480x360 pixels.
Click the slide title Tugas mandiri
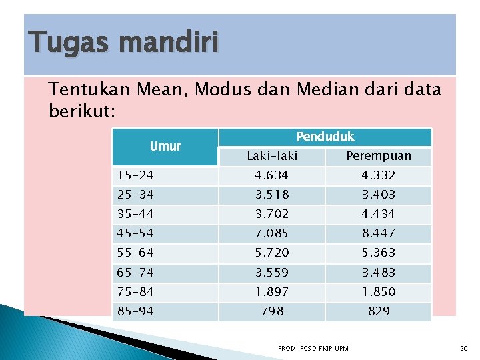pyautogui.click(x=123, y=44)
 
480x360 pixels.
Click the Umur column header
pyautogui.click(x=165, y=146)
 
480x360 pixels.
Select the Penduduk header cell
pyautogui.click(x=325, y=137)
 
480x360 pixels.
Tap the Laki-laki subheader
pyautogui.click(x=272, y=156)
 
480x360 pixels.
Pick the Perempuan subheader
pyautogui.click(x=379, y=156)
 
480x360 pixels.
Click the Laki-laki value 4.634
pyautogui.click(x=272, y=175)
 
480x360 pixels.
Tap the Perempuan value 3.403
pyautogui.click(x=379, y=195)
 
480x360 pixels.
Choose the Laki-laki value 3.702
pyautogui.click(x=272, y=214)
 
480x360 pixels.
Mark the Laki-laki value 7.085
pyautogui.click(x=272, y=233)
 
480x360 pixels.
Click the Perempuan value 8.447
pyautogui.click(x=379, y=233)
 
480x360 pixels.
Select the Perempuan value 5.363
pyautogui.click(x=379, y=253)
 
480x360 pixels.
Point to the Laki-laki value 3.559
pyautogui.click(x=272, y=272)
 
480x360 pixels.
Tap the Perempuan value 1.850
pyautogui.click(x=379, y=292)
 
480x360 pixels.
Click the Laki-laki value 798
pyautogui.click(x=272, y=311)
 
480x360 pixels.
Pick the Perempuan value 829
pyautogui.click(x=379, y=311)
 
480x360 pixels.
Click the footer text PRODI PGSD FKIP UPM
pyautogui.click(x=313, y=349)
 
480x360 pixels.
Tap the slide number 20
pyautogui.click(x=464, y=349)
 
